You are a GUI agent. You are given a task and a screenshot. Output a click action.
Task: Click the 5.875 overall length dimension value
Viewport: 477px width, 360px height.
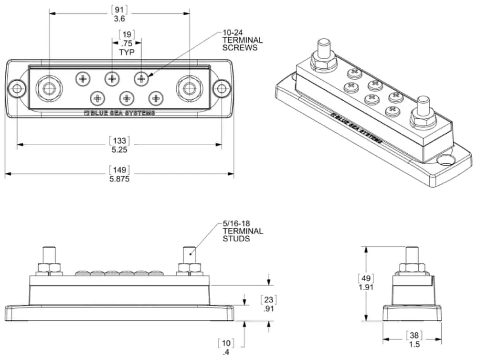119,179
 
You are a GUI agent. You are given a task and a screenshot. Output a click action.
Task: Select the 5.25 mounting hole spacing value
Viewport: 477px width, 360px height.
119,149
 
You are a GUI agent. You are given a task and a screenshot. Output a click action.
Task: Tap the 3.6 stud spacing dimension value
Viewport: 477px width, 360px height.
119,19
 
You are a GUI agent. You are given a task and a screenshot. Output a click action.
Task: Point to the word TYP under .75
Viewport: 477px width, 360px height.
127,51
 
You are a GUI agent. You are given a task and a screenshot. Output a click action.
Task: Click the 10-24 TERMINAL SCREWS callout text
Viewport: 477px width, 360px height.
242,41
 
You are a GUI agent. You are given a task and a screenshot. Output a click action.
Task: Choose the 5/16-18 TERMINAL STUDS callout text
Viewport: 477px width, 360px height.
242,231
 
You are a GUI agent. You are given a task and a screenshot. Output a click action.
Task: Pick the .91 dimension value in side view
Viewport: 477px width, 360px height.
269,308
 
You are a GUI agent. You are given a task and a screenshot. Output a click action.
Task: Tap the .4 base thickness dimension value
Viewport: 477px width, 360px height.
225,353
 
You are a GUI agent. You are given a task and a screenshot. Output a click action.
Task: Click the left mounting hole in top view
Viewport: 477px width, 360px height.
17,88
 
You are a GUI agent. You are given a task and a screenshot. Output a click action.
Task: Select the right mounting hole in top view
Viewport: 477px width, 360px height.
222,88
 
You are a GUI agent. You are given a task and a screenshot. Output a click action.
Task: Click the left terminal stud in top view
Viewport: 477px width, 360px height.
49,88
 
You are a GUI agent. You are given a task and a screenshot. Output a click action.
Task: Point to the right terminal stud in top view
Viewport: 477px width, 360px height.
189,88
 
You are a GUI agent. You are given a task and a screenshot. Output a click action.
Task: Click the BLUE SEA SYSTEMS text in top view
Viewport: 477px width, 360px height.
119,113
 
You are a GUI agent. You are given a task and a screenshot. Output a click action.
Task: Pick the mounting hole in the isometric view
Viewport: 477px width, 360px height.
447,159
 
